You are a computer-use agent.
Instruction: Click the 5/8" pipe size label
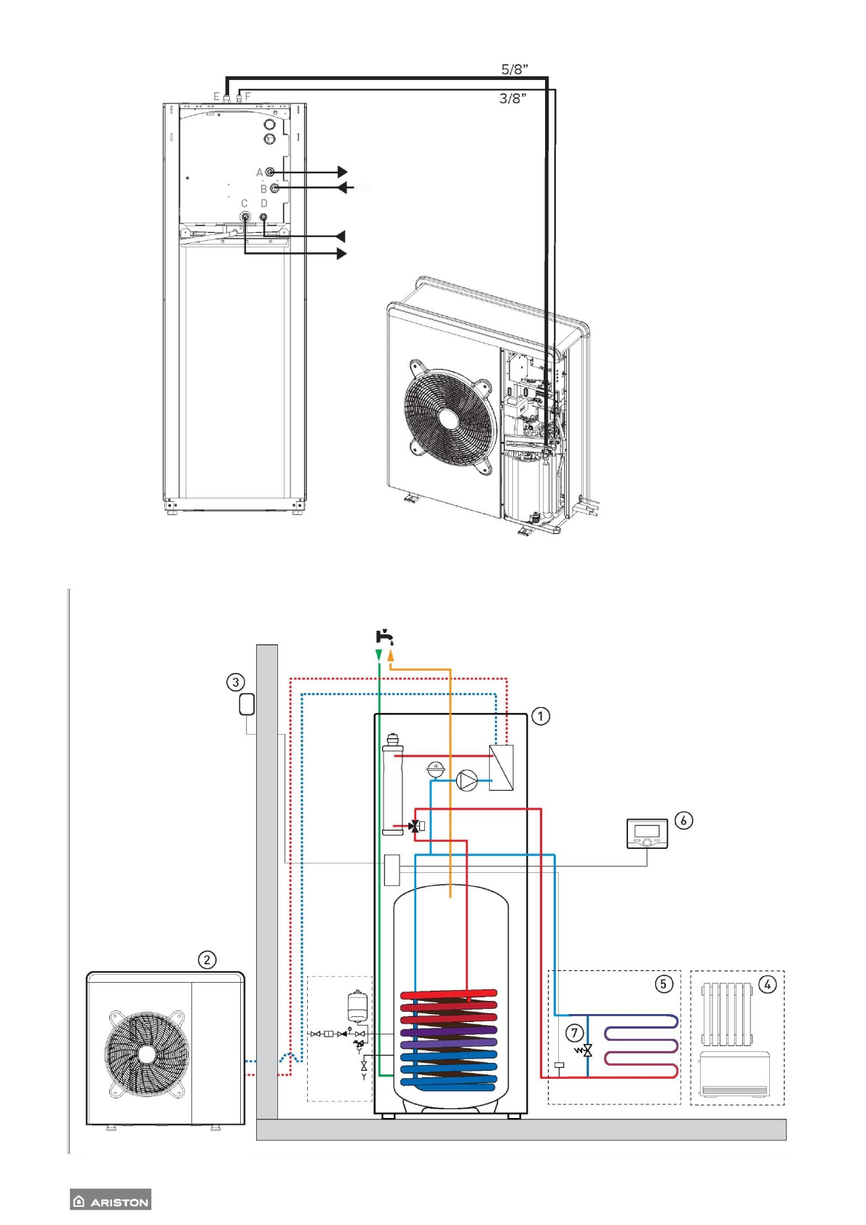(x=515, y=70)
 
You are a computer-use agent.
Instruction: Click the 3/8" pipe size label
(x=513, y=98)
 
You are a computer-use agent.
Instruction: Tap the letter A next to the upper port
(x=260, y=172)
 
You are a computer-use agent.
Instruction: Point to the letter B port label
(x=263, y=189)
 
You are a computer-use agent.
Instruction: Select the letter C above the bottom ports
(x=245, y=204)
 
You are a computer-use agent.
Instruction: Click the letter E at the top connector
(x=216, y=96)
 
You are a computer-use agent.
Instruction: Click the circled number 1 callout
(x=541, y=716)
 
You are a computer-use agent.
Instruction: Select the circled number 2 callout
(x=207, y=959)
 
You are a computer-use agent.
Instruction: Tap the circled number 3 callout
(x=235, y=682)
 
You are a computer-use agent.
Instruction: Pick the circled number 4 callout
(x=767, y=984)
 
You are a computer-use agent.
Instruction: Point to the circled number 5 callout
(x=663, y=983)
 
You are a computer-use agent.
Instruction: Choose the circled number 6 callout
(x=683, y=821)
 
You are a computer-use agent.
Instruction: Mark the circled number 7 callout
(x=575, y=1032)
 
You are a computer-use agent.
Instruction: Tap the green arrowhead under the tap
(x=379, y=655)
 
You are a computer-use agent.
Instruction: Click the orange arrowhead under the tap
(x=391, y=655)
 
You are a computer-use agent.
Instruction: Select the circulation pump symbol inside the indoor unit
(x=466, y=781)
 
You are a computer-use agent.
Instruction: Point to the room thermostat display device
(x=647, y=833)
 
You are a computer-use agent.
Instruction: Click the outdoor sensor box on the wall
(x=247, y=704)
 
